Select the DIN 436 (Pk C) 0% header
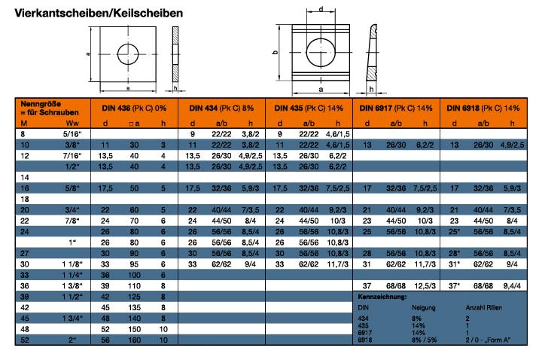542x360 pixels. [133, 108]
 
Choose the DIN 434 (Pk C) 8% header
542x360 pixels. [221, 108]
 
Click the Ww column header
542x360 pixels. [72, 123]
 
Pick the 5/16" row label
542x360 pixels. [72, 133]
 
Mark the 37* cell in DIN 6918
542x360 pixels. [454, 286]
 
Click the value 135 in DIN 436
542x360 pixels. [135, 308]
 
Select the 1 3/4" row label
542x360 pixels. [72, 319]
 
